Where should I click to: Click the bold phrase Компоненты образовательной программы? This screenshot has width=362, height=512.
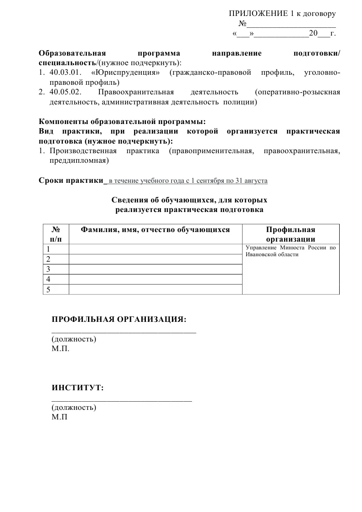pos(123,121)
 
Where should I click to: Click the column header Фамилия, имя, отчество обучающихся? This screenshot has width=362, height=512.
pos(155,230)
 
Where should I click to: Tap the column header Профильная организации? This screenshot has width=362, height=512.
pos(290,234)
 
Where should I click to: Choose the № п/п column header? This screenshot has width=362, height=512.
pos(56,234)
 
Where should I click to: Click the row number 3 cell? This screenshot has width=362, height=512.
pos(56,269)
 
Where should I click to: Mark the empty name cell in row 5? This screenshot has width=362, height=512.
pos(155,289)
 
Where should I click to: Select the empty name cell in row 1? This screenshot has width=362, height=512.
pos(155,249)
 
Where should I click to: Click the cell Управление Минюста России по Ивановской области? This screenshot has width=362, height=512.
pos(290,251)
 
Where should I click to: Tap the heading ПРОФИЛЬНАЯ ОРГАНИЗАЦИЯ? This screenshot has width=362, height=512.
pos(119,319)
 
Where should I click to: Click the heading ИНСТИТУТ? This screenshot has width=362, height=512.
pos(78,388)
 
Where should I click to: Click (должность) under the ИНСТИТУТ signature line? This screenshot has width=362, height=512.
pos(74,408)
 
